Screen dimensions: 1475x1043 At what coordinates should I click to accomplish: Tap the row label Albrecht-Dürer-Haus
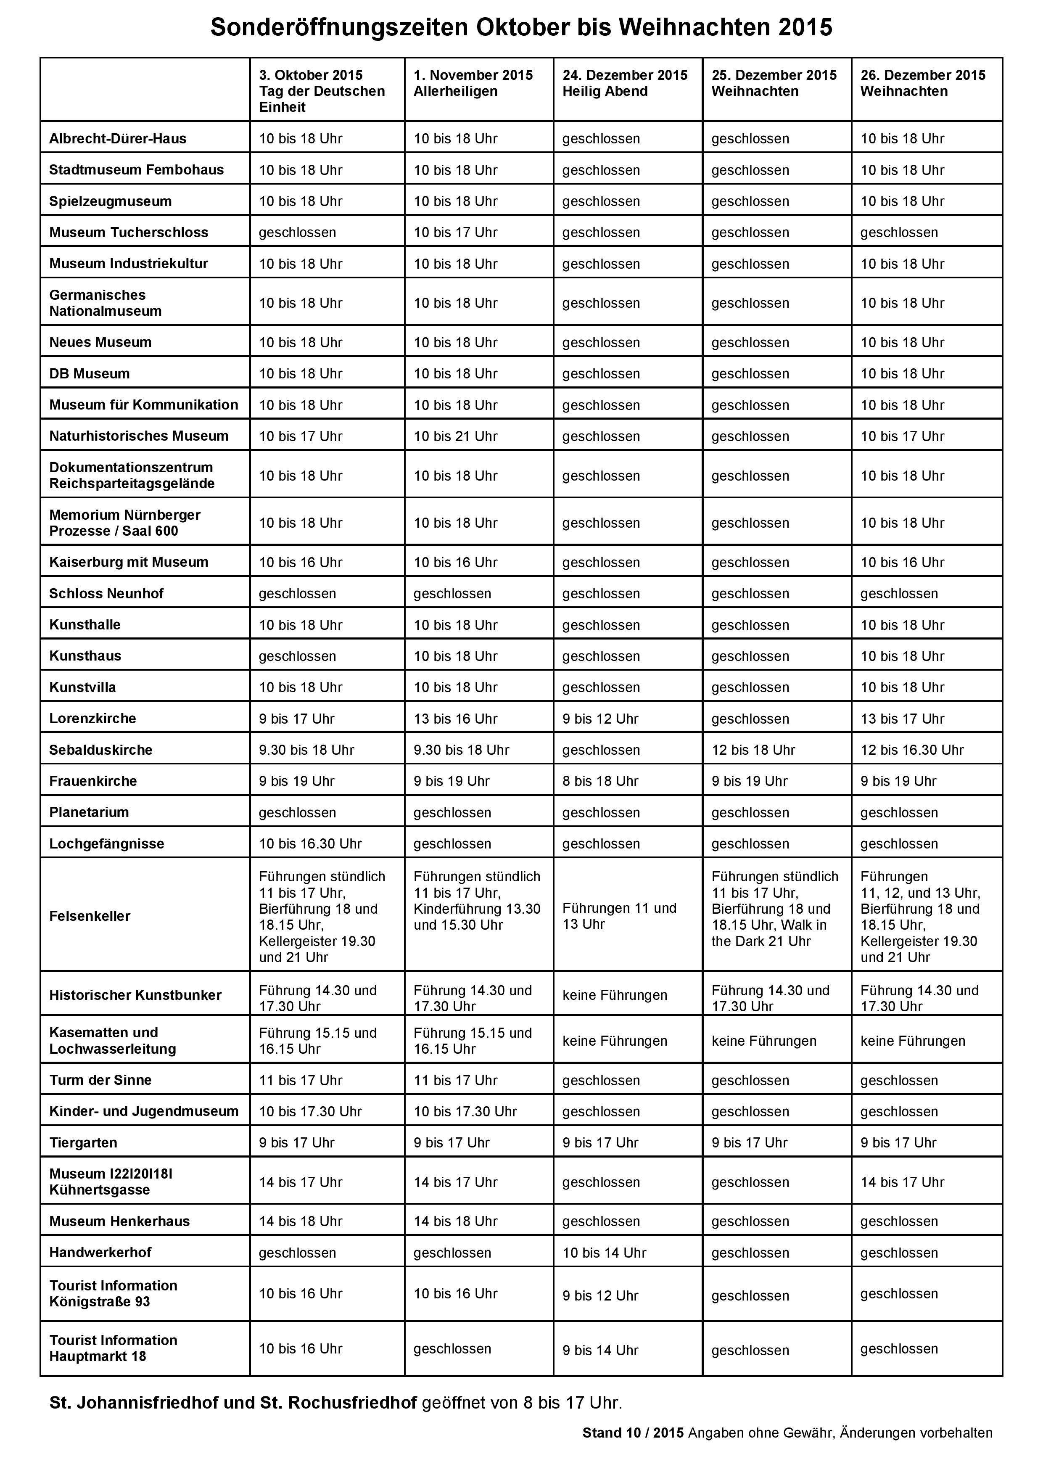tap(118, 139)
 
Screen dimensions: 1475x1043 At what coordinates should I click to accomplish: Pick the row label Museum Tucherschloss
tap(129, 233)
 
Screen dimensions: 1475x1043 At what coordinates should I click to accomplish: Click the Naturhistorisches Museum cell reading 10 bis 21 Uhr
tap(455, 436)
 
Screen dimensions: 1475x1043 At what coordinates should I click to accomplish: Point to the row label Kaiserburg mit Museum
tap(129, 562)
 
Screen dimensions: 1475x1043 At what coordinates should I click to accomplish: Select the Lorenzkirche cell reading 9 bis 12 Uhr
tap(600, 719)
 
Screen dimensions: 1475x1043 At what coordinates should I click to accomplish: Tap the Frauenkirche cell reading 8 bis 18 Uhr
tap(600, 781)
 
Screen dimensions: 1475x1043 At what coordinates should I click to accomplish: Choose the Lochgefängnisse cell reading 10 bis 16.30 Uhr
tap(310, 843)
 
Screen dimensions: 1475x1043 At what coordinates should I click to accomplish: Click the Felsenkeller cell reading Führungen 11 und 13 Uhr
tap(619, 916)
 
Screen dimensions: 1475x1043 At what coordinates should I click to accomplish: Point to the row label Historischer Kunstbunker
tap(135, 995)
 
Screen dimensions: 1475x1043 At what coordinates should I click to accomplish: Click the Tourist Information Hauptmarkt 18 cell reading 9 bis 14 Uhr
tap(600, 1351)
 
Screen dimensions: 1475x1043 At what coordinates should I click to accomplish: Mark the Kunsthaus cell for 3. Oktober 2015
tap(297, 656)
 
